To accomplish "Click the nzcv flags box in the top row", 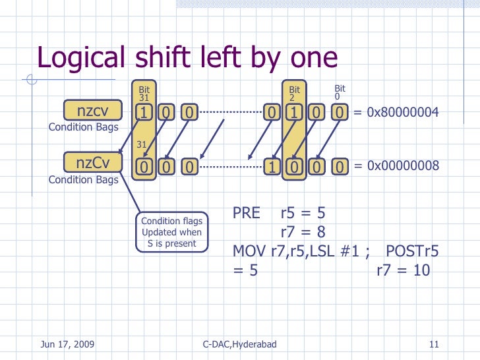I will pyautogui.click(x=92, y=111).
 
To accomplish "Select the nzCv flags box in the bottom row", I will pyautogui.click(x=92, y=162).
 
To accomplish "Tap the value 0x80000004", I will pyautogui.click(x=396, y=113).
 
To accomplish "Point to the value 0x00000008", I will pyautogui.click(x=396, y=165).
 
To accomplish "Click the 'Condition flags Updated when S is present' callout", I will pyautogui.click(x=171, y=232).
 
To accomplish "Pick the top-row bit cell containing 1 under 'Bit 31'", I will pyautogui.click(x=142, y=113).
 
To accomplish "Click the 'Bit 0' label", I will pyautogui.click(x=340, y=93).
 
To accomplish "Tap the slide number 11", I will pyautogui.click(x=434, y=345).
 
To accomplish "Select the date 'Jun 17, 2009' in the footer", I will pyautogui.click(x=67, y=345).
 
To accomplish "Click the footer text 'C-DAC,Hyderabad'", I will pyautogui.click(x=239, y=345).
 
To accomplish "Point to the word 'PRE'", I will pyautogui.click(x=248, y=214).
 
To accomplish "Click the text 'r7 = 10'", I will pyautogui.click(x=403, y=270).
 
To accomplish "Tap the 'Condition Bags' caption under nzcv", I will pyautogui.click(x=84, y=127).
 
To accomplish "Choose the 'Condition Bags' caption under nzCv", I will pyautogui.click(x=84, y=179).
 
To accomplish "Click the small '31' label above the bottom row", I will pyautogui.click(x=141, y=144).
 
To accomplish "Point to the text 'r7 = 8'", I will pyautogui.click(x=303, y=232).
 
